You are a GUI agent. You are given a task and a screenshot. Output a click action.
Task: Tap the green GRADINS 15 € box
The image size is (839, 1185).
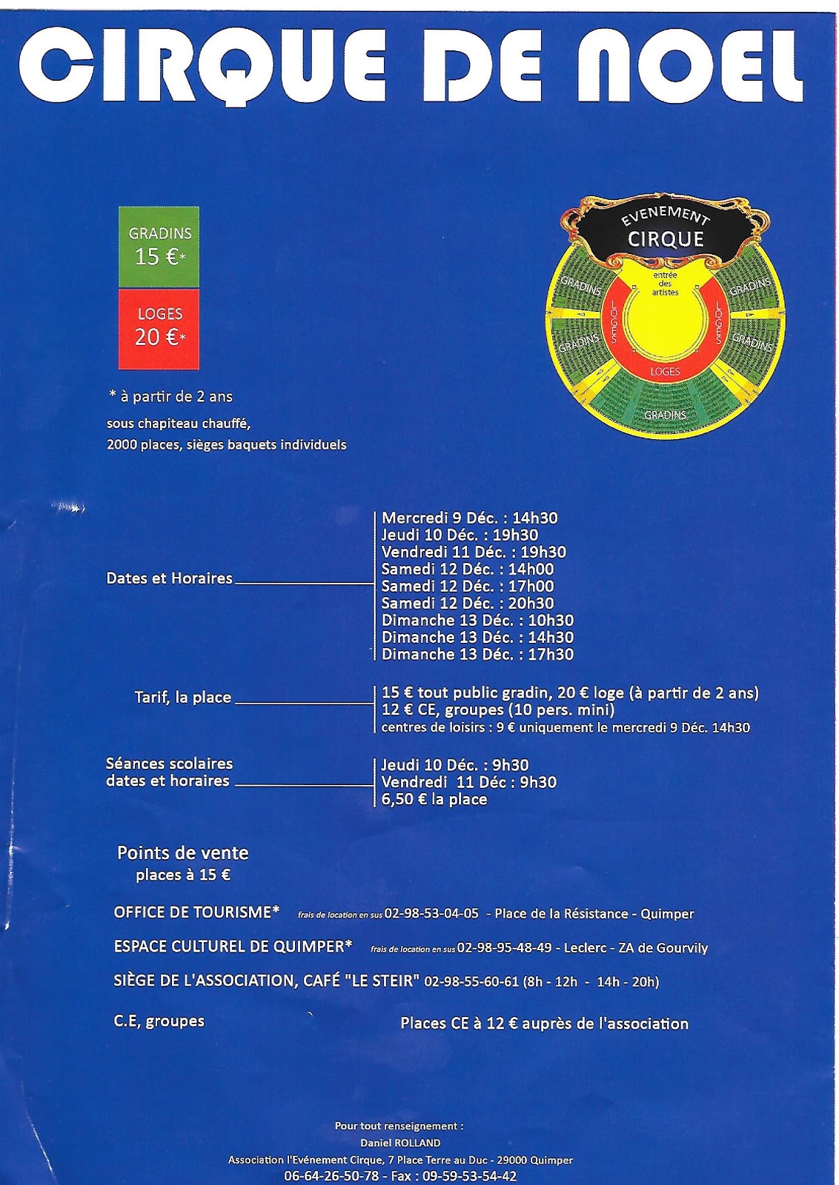click(159, 247)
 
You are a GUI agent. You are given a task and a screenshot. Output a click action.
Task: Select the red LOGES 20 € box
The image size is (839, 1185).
click(159, 328)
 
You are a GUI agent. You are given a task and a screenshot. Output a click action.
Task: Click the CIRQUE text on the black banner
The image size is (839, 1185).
click(666, 239)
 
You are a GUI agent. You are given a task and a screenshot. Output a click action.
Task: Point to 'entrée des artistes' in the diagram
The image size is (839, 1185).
click(665, 284)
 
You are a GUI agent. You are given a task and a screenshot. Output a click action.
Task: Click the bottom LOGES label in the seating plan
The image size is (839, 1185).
click(665, 371)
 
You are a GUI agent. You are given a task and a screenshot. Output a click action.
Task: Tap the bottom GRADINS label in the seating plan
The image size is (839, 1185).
click(665, 415)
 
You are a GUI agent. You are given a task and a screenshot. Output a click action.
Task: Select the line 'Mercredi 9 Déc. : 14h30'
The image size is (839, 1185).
click(469, 518)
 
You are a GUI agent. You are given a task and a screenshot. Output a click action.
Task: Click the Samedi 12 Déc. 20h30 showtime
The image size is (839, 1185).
click(468, 604)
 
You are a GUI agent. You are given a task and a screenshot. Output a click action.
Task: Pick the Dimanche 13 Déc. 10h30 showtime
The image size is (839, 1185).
click(477, 621)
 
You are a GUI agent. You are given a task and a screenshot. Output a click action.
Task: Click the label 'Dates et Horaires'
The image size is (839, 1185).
click(170, 578)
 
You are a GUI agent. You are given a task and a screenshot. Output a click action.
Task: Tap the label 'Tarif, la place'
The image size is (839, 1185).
click(183, 698)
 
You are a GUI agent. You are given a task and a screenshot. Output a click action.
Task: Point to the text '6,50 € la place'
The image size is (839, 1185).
click(434, 800)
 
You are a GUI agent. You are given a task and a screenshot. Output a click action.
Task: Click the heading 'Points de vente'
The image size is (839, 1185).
click(183, 852)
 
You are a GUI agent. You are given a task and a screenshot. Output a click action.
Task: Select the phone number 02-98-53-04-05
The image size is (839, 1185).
click(431, 914)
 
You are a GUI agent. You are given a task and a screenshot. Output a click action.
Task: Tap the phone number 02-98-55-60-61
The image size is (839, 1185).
click(471, 982)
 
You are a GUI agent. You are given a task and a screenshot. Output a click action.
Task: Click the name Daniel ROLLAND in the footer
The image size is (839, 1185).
click(400, 1143)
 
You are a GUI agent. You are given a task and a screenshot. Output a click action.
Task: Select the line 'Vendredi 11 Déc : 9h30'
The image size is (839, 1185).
click(468, 783)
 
